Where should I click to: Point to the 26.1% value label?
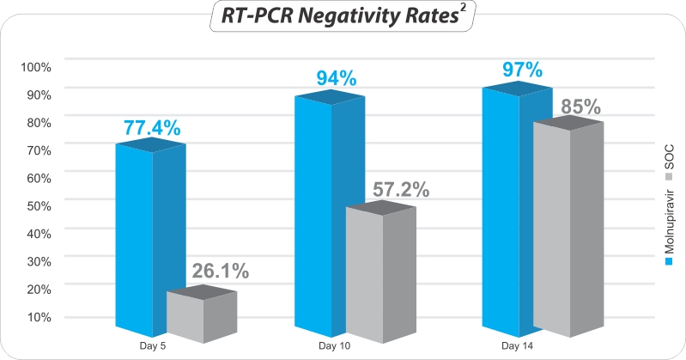point(220,272)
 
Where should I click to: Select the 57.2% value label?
point(400,190)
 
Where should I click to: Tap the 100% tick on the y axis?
point(36,67)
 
